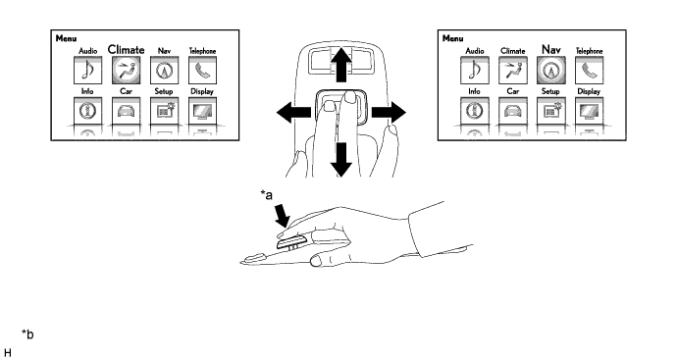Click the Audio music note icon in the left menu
pyautogui.click(x=88, y=71)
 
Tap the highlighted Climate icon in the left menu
pyautogui.click(x=126, y=71)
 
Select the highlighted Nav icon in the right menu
pyautogui.click(x=551, y=71)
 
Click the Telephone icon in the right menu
pyautogui.click(x=590, y=71)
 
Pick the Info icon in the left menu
pyautogui.click(x=88, y=111)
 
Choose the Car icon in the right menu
pyautogui.click(x=513, y=111)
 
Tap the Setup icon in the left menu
pyautogui.click(x=165, y=111)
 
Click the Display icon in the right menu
pyautogui.click(x=590, y=111)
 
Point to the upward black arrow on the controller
pyautogui.click(x=341, y=65)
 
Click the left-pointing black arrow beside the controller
pyautogui.click(x=293, y=113)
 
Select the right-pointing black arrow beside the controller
pyautogui.click(x=389, y=113)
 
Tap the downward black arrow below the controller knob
pyautogui.click(x=341, y=160)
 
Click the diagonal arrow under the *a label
pyautogui.click(x=283, y=216)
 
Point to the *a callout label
pyautogui.click(x=267, y=195)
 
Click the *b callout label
pyautogui.click(x=27, y=334)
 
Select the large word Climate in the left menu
pyautogui.click(x=126, y=50)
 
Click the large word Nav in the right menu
pyautogui.click(x=551, y=50)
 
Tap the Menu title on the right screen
pyautogui.click(x=453, y=38)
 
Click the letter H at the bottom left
pyautogui.click(x=7, y=353)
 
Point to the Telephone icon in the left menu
pyautogui.click(x=202, y=71)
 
